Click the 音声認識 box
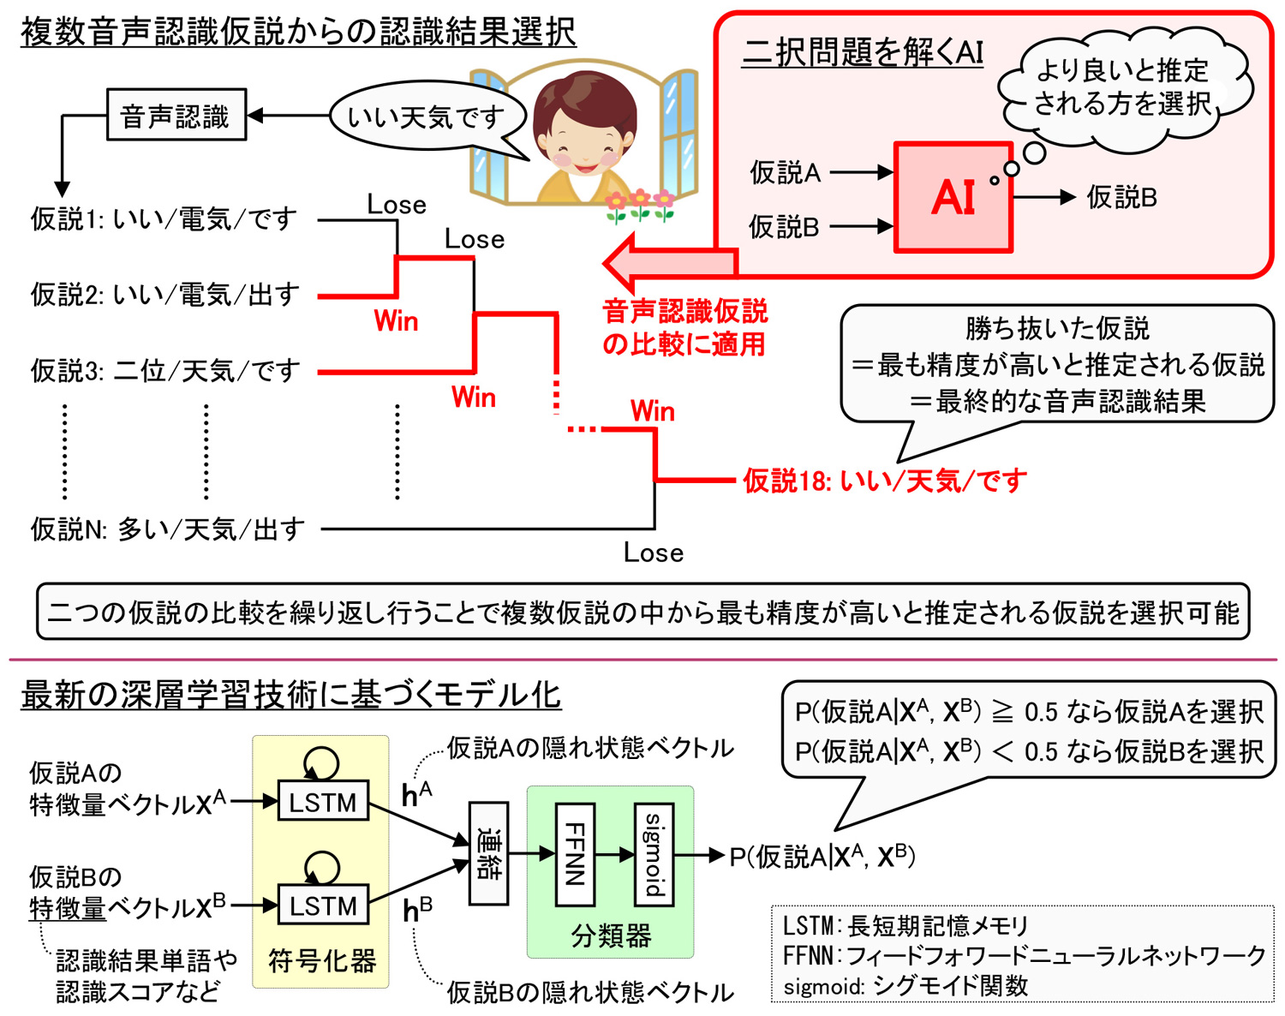click(176, 115)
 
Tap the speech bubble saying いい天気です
click(426, 117)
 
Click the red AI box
click(953, 197)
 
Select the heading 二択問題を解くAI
click(863, 53)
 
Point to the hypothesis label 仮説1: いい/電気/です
click(164, 219)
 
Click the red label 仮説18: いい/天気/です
click(885, 481)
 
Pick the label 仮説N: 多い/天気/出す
click(168, 529)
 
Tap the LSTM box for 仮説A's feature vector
click(322, 802)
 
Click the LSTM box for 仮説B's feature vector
click(322, 905)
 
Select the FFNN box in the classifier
click(575, 854)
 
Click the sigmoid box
click(653, 854)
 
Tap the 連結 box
click(488, 854)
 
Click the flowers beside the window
click(639, 204)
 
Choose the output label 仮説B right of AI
click(1121, 198)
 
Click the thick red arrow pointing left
click(668, 263)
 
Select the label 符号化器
click(322, 961)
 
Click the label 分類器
click(611, 935)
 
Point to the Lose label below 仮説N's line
click(653, 553)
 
